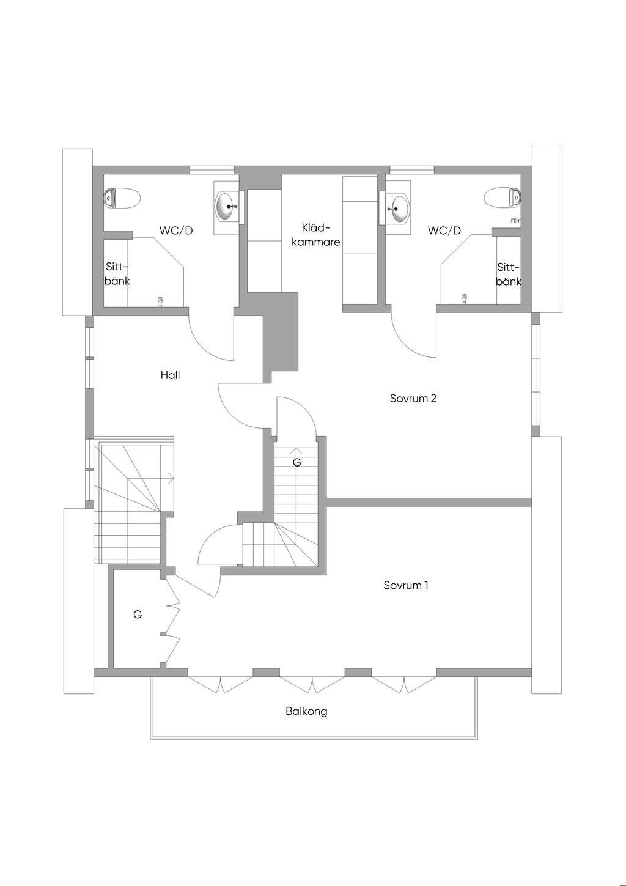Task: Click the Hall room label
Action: (x=170, y=375)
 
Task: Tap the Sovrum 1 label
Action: (x=406, y=585)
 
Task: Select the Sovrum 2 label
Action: (x=413, y=399)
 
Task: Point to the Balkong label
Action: (x=306, y=711)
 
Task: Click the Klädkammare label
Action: (x=315, y=235)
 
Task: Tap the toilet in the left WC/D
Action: (x=122, y=198)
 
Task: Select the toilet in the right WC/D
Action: (x=503, y=198)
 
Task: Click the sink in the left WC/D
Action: (x=227, y=207)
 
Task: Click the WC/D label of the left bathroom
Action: (x=176, y=231)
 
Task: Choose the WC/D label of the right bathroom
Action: (x=444, y=231)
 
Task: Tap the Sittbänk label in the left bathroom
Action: (x=117, y=274)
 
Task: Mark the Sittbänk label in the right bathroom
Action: (x=508, y=274)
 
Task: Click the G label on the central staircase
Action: (x=297, y=462)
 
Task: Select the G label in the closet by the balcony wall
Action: (x=138, y=615)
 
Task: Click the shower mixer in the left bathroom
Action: (x=161, y=301)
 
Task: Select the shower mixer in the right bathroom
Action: (x=465, y=298)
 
